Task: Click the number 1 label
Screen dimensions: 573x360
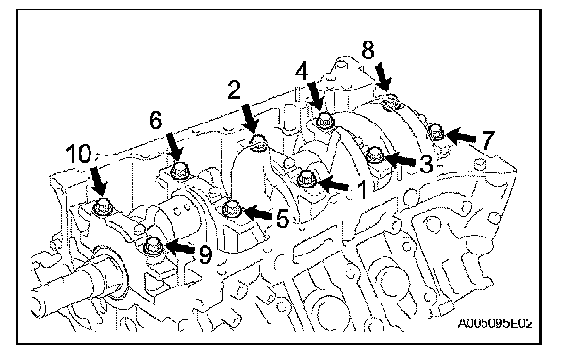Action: click(361, 189)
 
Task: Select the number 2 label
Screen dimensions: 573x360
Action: click(235, 90)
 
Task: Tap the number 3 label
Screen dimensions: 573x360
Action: click(426, 163)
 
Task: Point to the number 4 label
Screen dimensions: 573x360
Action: click(302, 71)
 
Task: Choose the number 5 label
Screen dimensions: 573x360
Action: click(283, 219)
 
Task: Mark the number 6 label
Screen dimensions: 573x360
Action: click(156, 121)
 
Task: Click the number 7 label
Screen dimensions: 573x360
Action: click(487, 140)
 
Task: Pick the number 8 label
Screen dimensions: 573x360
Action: click(368, 50)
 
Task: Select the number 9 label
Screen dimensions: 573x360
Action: click(205, 254)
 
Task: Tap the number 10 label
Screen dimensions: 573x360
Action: click(78, 154)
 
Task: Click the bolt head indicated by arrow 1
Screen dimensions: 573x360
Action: click(305, 179)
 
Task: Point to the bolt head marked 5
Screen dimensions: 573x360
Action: click(231, 209)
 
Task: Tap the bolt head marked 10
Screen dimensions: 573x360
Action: click(102, 208)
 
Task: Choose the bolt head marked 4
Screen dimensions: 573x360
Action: click(324, 121)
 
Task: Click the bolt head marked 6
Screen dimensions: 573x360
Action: click(179, 170)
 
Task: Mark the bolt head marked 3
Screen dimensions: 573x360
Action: click(374, 155)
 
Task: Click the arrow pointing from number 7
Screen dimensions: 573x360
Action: click(461, 137)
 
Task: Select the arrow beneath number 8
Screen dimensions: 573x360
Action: click(384, 77)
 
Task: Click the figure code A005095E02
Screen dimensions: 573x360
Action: click(495, 323)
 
